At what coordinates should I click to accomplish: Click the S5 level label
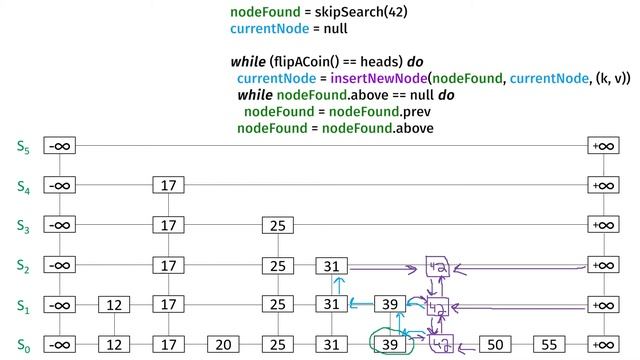click(24, 146)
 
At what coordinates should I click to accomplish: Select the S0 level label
click(24, 345)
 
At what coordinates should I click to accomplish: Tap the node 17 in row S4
click(169, 186)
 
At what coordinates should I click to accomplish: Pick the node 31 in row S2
click(332, 266)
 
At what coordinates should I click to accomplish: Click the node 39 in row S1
click(389, 305)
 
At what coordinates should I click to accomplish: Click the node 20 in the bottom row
click(223, 345)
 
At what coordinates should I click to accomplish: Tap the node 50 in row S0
click(494, 345)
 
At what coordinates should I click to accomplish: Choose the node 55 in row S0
click(548, 345)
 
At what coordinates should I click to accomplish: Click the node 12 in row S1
click(115, 305)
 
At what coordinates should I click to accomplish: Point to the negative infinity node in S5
click(60, 146)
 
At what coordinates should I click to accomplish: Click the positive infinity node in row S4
click(603, 186)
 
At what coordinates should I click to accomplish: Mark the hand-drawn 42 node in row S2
click(439, 267)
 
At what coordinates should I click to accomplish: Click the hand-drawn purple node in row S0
click(442, 345)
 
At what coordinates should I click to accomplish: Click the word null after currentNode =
click(347, 29)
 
